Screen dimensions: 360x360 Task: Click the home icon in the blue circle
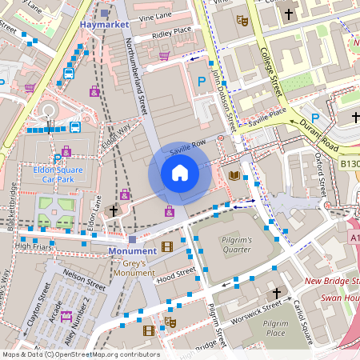(x=180, y=173)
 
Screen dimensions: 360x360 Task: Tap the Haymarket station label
(x=105, y=26)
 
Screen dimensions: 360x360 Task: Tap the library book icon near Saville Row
(x=234, y=175)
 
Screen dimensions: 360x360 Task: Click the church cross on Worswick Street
(x=277, y=294)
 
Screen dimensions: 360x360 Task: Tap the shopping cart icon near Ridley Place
(x=165, y=56)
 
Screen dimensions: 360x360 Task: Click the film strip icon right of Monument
(x=166, y=247)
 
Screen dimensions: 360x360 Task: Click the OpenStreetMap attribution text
(x=80, y=354)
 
